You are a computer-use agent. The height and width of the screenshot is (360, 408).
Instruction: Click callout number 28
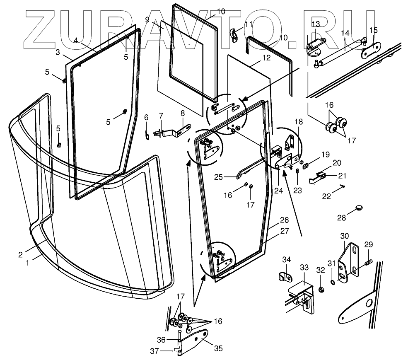tap(340, 218)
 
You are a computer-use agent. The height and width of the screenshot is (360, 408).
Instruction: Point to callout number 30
tap(345, 236)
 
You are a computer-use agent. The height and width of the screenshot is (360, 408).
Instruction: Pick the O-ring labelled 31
tap(332, 283)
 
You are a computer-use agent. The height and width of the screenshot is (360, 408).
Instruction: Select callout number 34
tap(287, 259)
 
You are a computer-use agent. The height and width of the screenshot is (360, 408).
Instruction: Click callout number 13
tap(316, 23)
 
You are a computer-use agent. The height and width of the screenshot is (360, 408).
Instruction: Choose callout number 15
tap(373, 30)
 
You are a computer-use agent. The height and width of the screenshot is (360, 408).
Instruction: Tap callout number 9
tap(147, 19)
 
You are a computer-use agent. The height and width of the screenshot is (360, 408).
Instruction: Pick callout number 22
tap(327, 196)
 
